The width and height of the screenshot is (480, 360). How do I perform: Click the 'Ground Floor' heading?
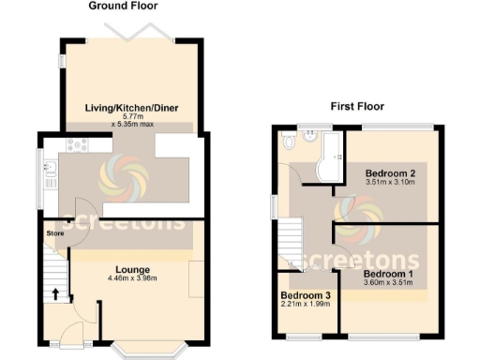coord(122,6)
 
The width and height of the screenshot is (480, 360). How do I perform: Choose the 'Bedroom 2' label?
coord(391,174)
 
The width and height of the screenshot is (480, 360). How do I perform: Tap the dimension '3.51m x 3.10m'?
coord(391,184)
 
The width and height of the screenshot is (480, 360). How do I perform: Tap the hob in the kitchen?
coord(74,145)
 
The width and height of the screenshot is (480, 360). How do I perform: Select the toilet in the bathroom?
coord(289,141)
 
